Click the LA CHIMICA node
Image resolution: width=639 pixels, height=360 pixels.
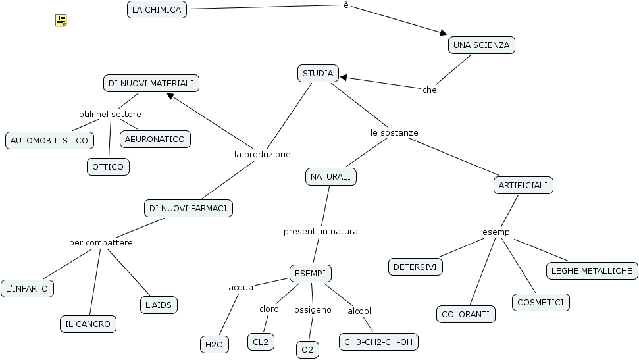[156, 9]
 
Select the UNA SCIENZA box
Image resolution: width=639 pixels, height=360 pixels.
[482, 45]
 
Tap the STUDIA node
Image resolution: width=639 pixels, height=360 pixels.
[318, 73]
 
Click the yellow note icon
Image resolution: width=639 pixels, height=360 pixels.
[61, 21]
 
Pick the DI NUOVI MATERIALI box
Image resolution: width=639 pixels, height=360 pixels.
[151, 84]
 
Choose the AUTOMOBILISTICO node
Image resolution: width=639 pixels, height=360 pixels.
[49, 140]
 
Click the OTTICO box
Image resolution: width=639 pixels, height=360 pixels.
[108, 167]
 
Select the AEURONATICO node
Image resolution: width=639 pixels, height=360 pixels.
[155, 139]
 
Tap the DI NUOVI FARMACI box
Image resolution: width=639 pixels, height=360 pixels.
[188, 208]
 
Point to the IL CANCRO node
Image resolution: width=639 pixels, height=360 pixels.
[88, 324]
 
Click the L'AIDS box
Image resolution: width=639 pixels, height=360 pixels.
[159, 305]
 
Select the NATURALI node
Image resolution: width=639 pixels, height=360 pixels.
[331, 176]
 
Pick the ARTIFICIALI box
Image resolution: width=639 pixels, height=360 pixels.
[523, 186]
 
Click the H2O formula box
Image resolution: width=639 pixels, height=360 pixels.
[214, 344]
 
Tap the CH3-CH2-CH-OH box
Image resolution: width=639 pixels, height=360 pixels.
[378, 342]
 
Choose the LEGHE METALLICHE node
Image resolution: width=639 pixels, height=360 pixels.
[592, 270]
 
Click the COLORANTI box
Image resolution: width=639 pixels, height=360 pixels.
[465, 315]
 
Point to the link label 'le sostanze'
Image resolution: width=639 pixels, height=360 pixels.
[394, 132]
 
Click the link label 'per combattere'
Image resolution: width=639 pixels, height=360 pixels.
[101, 242]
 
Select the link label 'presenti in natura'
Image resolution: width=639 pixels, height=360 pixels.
[320, 231]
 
